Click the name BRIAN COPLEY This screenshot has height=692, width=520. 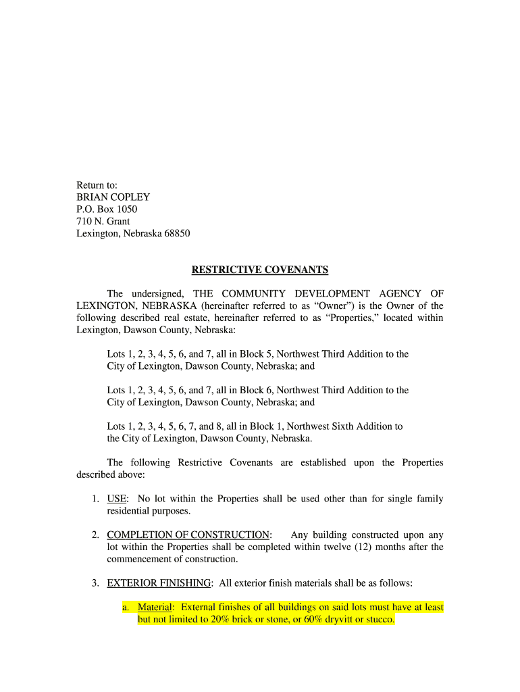coord(113,197)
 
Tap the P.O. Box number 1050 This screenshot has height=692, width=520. coord(126,209)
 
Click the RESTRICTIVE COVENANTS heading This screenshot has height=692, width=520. coord(260,270)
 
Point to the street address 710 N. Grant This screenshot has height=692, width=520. coord(103,221)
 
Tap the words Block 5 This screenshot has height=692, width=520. coord(251,353)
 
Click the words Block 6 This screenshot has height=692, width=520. coord(251,390)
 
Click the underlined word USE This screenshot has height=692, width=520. coord(117,499)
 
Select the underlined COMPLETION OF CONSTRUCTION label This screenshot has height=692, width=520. coord(188,535)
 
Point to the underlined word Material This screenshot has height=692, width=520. coord(155,607)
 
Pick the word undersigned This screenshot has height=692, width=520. coord(154,293)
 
